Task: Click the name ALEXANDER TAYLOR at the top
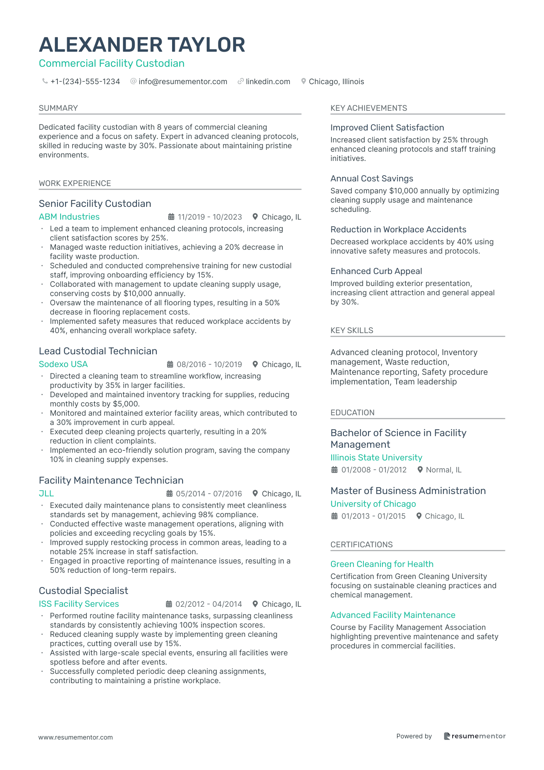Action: click(142, 45)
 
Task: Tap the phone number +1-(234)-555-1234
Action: click(85, 81)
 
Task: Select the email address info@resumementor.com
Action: click(182, 81)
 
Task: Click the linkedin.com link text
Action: click(268, 81)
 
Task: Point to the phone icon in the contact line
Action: click(45, 81)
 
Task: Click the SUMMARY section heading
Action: click(58, 108)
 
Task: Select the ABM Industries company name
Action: click(69, 217)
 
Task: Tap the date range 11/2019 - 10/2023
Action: click(209, 217)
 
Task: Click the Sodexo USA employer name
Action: click(63, 364)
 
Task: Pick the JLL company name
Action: click(46, 494)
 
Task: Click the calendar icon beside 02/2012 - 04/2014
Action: click(169, 604)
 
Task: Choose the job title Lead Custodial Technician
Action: click(98, 351)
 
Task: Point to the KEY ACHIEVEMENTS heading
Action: click(368, 108)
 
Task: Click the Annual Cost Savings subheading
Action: click(372, 179)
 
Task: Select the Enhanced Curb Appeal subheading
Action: click(376, 271)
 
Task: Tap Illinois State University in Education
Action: click(376, 458)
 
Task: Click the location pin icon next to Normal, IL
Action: click(420, 470)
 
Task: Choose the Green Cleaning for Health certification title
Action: click(382, 564)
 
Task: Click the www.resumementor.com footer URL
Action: click(76, 737)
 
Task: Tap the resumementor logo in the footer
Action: click(475, 736)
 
